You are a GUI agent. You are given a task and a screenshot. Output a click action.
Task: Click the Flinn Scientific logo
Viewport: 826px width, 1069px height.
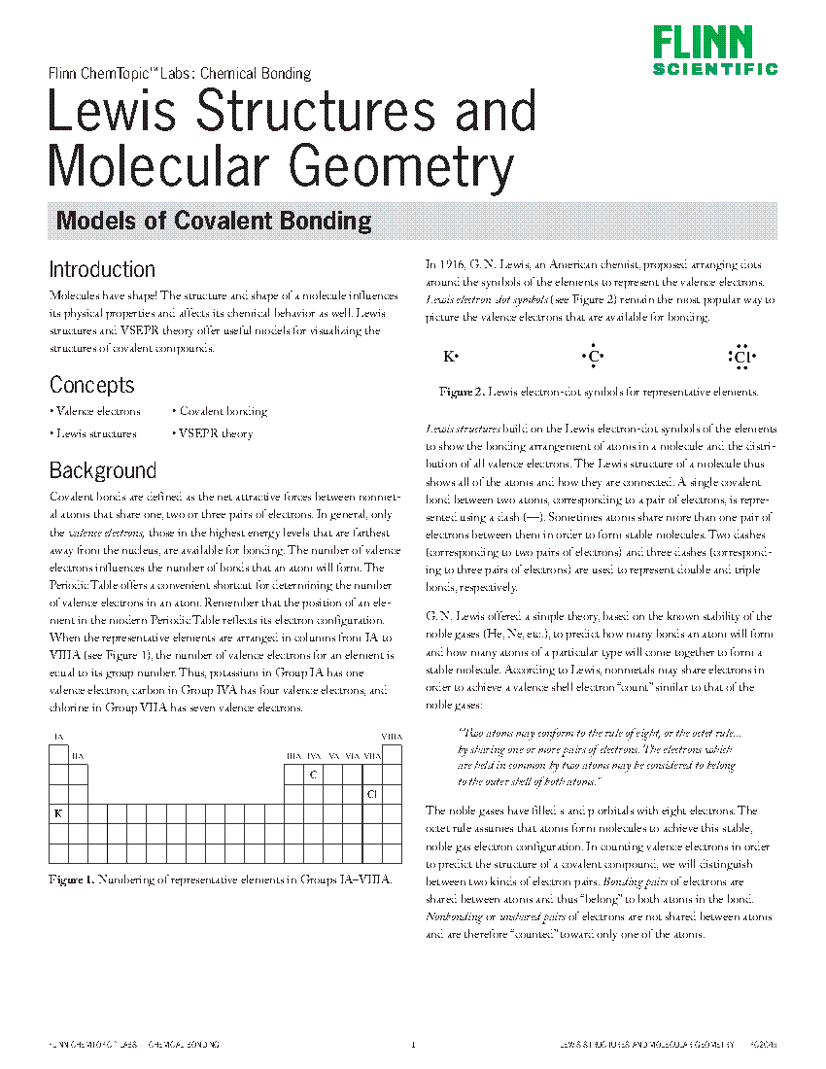[x=714, y=51]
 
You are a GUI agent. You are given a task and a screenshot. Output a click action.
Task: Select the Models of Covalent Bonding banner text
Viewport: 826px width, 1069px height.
[x=214, y=221]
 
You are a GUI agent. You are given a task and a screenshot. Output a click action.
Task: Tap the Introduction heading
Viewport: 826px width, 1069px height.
[x=102, y=270]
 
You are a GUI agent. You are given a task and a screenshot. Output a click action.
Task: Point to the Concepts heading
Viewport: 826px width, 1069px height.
[x=91, y=386]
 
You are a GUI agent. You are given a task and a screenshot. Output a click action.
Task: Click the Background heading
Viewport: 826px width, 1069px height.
[x=102, y=471]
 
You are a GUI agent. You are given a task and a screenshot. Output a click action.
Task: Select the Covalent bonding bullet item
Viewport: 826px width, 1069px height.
[x=222, y=412]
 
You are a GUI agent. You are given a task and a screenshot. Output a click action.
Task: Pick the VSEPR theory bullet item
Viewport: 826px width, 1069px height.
[x=214, y=434]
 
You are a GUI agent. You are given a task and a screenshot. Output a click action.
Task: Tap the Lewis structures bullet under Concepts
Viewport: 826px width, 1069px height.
[x=94, y=434]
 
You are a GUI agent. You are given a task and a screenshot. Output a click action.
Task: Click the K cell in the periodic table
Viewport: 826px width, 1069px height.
[x=57, y=813]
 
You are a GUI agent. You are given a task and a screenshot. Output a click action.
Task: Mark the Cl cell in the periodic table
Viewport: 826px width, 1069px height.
[x=371, y=794]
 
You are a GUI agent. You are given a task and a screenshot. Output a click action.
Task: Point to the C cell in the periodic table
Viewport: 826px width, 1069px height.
[x=313, y=775]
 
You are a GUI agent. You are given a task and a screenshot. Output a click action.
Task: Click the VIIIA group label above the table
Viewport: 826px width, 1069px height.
[x=392, y=737]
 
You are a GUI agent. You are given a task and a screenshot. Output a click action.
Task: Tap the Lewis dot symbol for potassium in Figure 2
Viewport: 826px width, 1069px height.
[x=450, y=358]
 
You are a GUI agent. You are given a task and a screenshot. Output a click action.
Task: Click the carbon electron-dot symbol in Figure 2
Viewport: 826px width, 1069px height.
[x=593, y=358]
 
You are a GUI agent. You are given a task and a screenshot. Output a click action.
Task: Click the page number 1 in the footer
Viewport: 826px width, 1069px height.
[x=413, y=1045]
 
